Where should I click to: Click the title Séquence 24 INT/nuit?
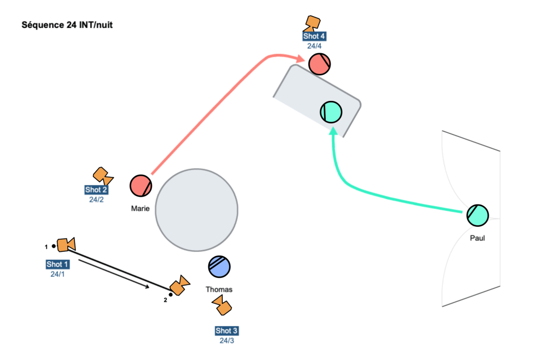point(67,24)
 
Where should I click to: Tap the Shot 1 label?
point(57,264)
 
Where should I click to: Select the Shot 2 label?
point(96,190)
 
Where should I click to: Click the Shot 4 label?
point(314,36)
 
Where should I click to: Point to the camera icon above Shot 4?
point(312,23)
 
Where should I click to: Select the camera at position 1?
point(66,245)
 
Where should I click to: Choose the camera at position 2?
point(180,285)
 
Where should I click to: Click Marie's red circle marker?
point(141,186)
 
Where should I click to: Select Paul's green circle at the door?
point(477,215)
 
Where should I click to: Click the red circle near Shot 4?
point(319,64)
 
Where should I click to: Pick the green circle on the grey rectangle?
point(331,112)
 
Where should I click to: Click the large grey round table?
point(196,209)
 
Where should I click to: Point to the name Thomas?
point(219,289)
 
